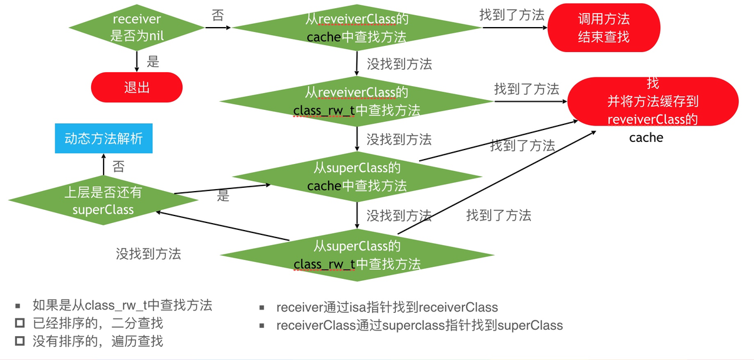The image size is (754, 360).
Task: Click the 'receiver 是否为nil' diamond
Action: [137, 28]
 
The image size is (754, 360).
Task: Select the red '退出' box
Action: [137, 87]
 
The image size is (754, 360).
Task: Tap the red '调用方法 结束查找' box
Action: [604, 28]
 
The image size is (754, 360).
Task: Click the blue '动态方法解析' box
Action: [104, 138]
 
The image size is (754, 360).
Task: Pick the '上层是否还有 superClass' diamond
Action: [103, 200]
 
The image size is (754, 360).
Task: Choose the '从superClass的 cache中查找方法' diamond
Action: [357, 177]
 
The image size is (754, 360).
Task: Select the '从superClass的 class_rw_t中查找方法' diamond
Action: [357, 255]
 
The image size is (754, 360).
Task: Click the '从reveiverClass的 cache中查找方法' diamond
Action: [357, 28]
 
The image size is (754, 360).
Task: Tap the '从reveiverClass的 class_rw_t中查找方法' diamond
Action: [357, 101]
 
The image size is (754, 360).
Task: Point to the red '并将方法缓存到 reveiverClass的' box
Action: [653, 101]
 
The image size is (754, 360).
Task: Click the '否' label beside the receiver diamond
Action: [218, 15]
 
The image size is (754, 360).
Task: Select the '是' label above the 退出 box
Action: [153, 62]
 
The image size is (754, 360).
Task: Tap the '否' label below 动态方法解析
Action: [119, 166]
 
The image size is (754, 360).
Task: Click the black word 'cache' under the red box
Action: [647, 138]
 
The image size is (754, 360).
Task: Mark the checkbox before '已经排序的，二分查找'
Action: [20, 323]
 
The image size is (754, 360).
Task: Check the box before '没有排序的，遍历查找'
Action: [20, 341]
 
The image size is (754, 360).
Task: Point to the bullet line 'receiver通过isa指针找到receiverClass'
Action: [387, 307]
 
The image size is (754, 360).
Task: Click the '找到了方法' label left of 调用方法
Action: [512, 15]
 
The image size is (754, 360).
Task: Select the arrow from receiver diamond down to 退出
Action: [137, 62]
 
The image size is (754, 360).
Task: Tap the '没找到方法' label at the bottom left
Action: [148, 254]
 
